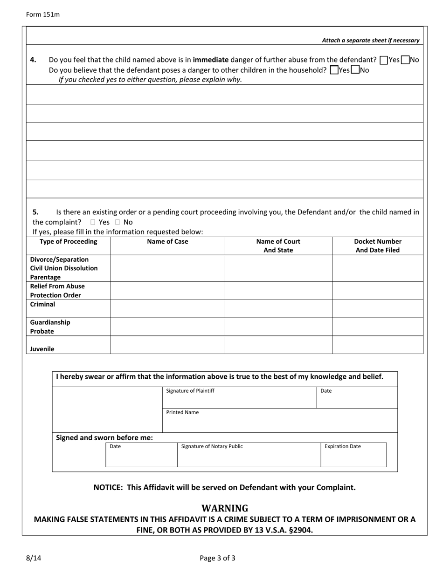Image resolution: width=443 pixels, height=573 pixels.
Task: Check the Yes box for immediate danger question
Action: pos(384,60)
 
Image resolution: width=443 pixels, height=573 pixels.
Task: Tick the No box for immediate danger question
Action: pos(405,60)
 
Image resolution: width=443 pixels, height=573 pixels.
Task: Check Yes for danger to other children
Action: pos(334,70)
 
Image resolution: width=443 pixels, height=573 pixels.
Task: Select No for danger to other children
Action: pos(355,70)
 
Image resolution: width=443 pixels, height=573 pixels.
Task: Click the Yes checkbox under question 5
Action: pos(93,222)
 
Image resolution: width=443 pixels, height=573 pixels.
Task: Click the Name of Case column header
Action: pos(167,242)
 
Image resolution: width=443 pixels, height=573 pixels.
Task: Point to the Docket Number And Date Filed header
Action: pos(378,246)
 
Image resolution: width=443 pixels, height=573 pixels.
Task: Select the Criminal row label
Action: pos(42,305)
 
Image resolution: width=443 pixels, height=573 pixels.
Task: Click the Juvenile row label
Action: pos(42,349)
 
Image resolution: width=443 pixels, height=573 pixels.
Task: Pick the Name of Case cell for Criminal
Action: pos(167,309)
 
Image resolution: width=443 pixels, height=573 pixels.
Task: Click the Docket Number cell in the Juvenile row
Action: pos(378,345)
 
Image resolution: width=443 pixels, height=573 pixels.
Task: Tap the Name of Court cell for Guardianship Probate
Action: pos(278,327)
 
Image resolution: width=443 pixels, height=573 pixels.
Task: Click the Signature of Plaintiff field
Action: pos(239,398)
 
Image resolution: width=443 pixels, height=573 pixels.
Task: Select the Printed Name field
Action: pos(280,421)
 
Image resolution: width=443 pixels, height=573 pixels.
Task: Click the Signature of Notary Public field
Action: pos(249,455)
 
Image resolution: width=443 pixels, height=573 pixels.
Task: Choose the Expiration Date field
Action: pos(353,455)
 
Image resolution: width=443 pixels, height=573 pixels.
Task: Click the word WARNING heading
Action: pos(225,508)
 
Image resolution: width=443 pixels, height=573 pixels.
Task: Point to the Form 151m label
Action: pos(43,14)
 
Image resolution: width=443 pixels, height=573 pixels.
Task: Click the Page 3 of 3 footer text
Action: pos(217,558)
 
